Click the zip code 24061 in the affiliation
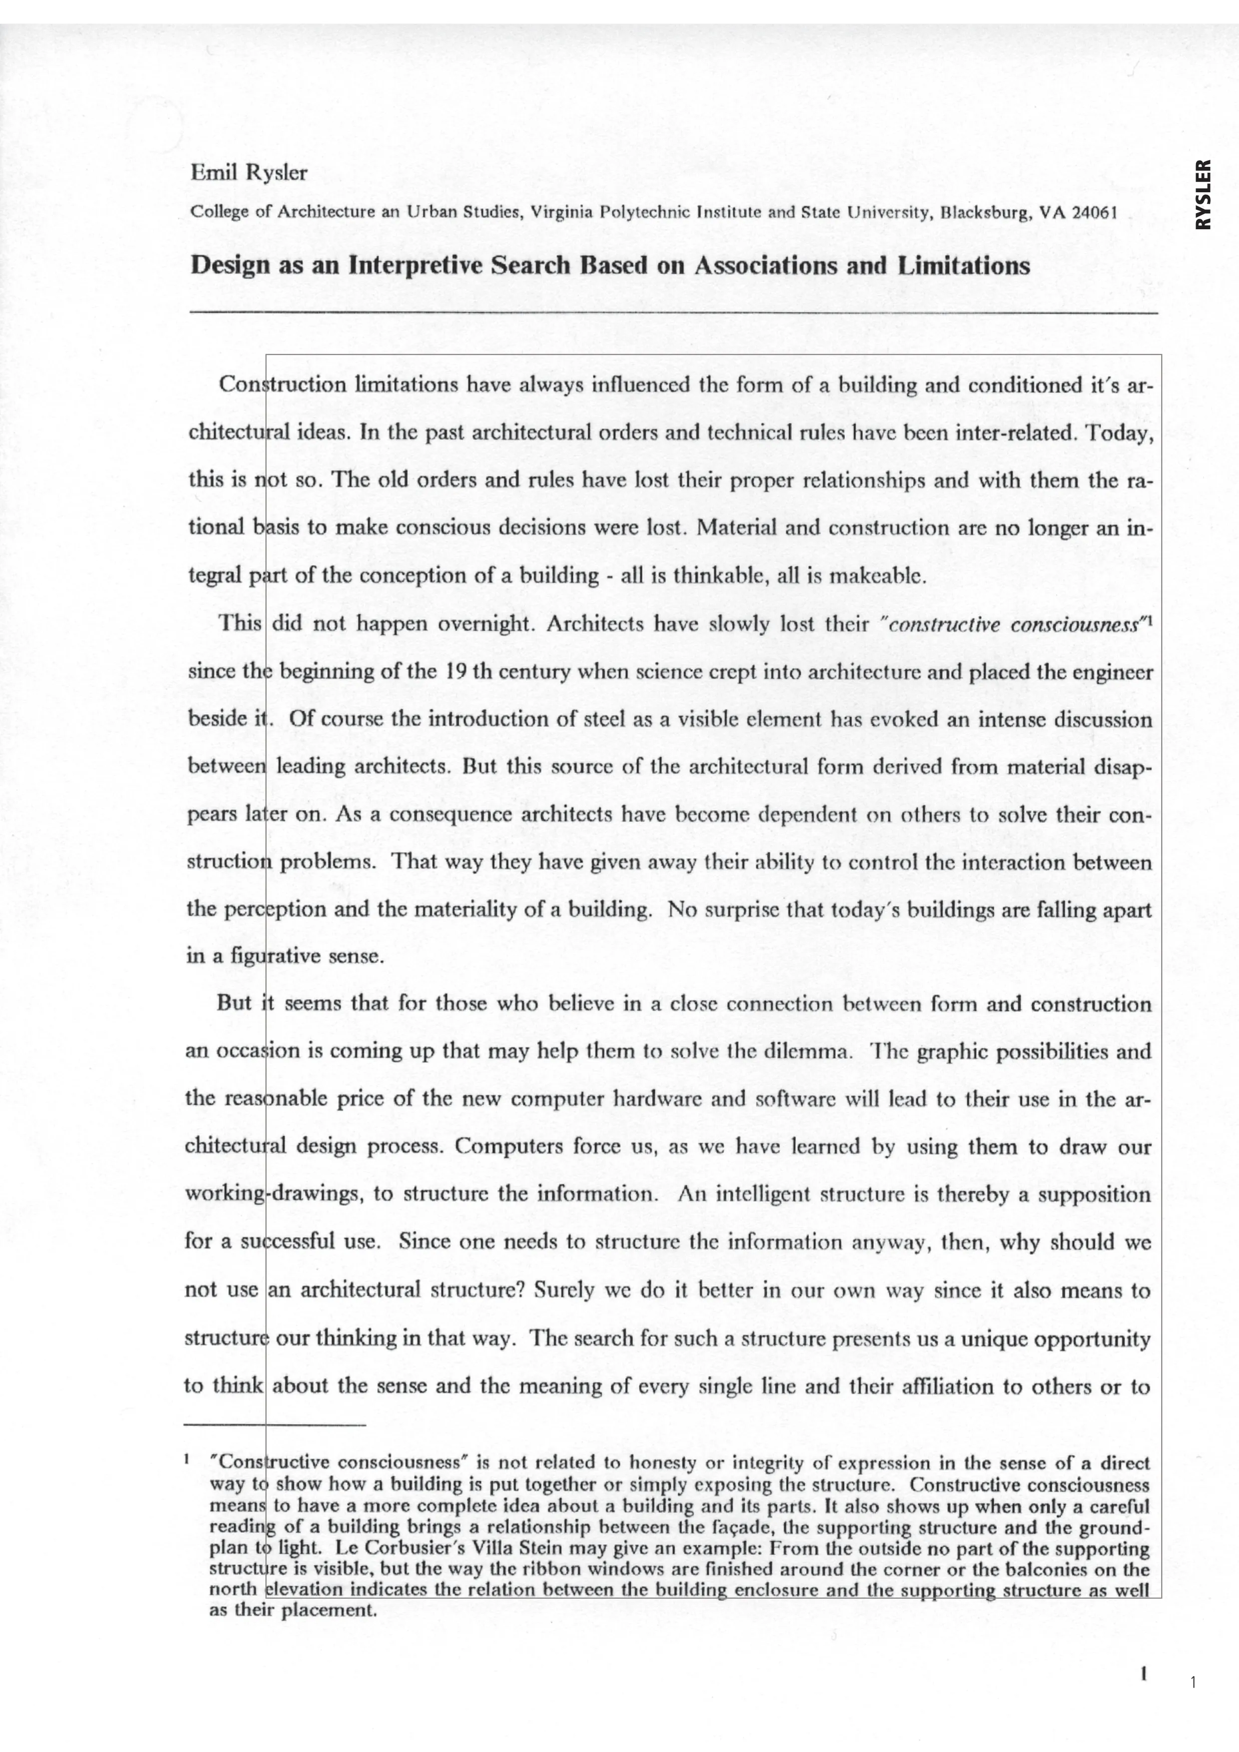[1095, 212]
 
